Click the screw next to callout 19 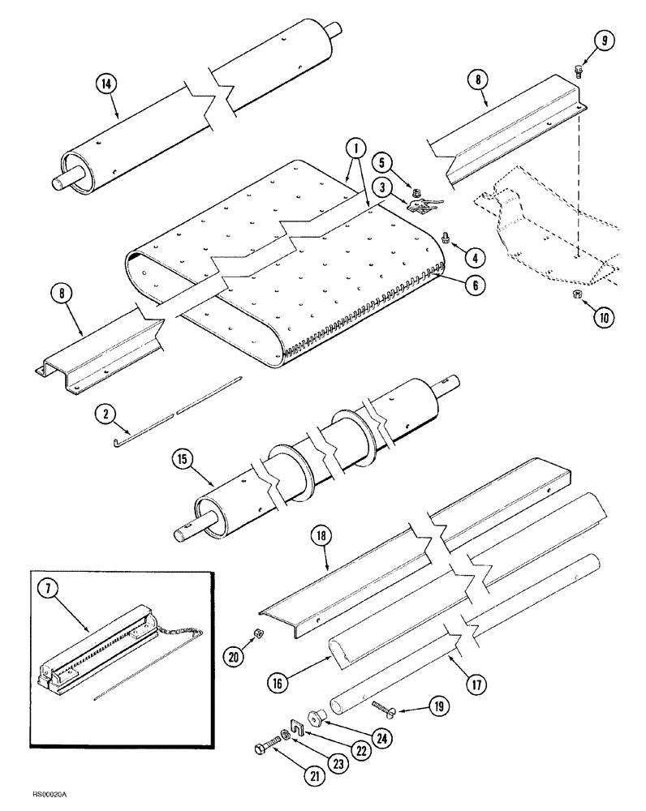click(x=387, y=708)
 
